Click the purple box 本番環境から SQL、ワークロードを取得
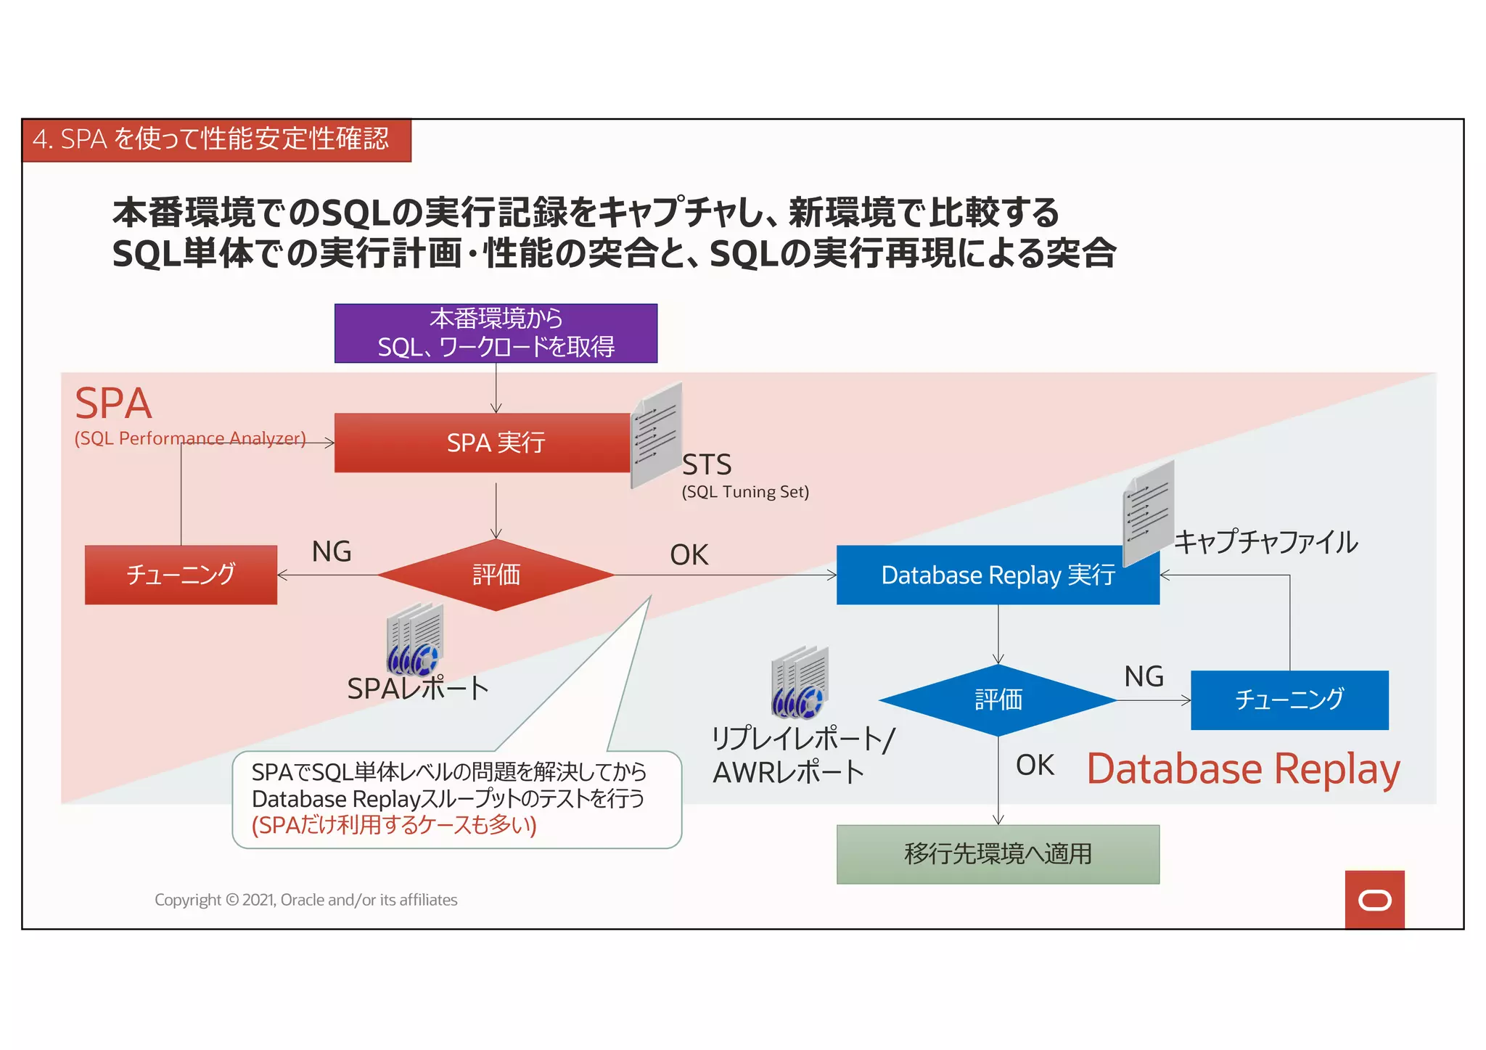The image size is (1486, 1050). (x=496, y=333)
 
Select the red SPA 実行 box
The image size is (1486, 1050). (x=482, y=443)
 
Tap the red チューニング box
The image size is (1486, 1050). (x=181, y=575)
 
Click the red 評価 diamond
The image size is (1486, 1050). (x=496, y=575)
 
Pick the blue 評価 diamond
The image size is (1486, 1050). (x=998, y=700)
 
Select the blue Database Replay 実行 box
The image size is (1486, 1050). (x=997, y=575)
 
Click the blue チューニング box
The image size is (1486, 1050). (x=1289, y=700)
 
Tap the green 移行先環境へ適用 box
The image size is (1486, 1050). (x=998, y=854)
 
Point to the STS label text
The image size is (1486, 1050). (x=707, y=464)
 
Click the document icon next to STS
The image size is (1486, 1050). (x=657, y=435)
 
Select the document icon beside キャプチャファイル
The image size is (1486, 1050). (x=1148, y=512)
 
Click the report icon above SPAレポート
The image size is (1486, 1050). (x=414, y=639)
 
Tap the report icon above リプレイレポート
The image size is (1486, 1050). (x=800, y=682)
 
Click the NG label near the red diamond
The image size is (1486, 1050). (x=332, y=551)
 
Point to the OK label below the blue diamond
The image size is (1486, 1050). (x=1035, y=765)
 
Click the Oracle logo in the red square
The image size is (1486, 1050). (x=1374, y=900)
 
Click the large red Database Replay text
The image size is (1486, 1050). (x=1243, y=769)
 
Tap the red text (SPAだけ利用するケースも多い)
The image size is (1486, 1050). (x=394, y=825)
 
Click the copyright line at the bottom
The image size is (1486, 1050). (x=305, y=900)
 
